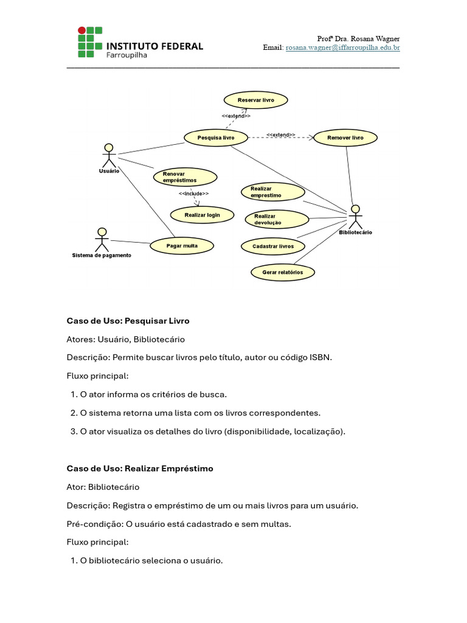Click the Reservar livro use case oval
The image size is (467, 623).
coord(255,100)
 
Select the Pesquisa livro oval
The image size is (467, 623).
coord(216,138)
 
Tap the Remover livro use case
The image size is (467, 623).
coord(345,138)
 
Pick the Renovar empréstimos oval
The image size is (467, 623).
coord(185,177)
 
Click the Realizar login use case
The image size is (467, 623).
coord(202,215)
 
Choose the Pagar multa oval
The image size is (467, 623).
coord(182,246)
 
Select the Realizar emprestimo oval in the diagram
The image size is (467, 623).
coord(272,192)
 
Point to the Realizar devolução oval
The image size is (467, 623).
coord(277,219)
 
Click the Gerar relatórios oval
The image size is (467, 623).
coord(283,272)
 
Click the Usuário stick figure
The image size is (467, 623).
coord(109,156)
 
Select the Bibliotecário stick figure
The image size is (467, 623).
coord(355,216)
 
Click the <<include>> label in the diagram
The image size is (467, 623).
coord(194,193)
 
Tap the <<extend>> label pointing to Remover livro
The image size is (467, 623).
coord(281,134)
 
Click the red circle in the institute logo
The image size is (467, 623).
coord(82,30)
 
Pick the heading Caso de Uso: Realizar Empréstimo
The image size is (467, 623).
coord(140,468)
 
